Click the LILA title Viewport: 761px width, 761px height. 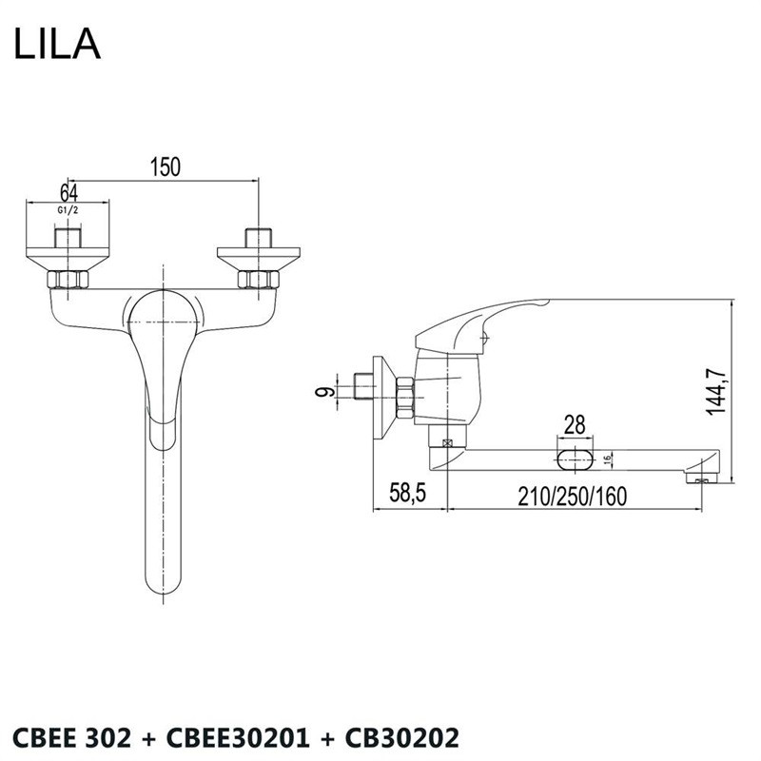click(57, 43)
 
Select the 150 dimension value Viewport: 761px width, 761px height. click(165, 166)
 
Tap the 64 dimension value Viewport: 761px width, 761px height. click(68, 193)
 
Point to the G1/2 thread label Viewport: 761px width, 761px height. click(68, 210)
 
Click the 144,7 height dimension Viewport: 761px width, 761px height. click(716, 391)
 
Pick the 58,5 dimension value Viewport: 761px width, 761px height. click(407, 493)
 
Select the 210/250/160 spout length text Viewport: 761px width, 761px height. click(573, 496)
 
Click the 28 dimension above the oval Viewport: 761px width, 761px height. click(575, 425)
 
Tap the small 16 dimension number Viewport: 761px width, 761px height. click(608, 460)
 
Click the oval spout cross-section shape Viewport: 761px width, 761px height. click(576, 459)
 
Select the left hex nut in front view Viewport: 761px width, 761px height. click(68, 280)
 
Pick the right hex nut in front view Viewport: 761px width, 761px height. click(259, 280)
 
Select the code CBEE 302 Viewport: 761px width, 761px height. click(71, 738)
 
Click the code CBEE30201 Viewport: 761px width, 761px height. click(238, 738)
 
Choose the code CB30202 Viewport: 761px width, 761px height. click(401, 738)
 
